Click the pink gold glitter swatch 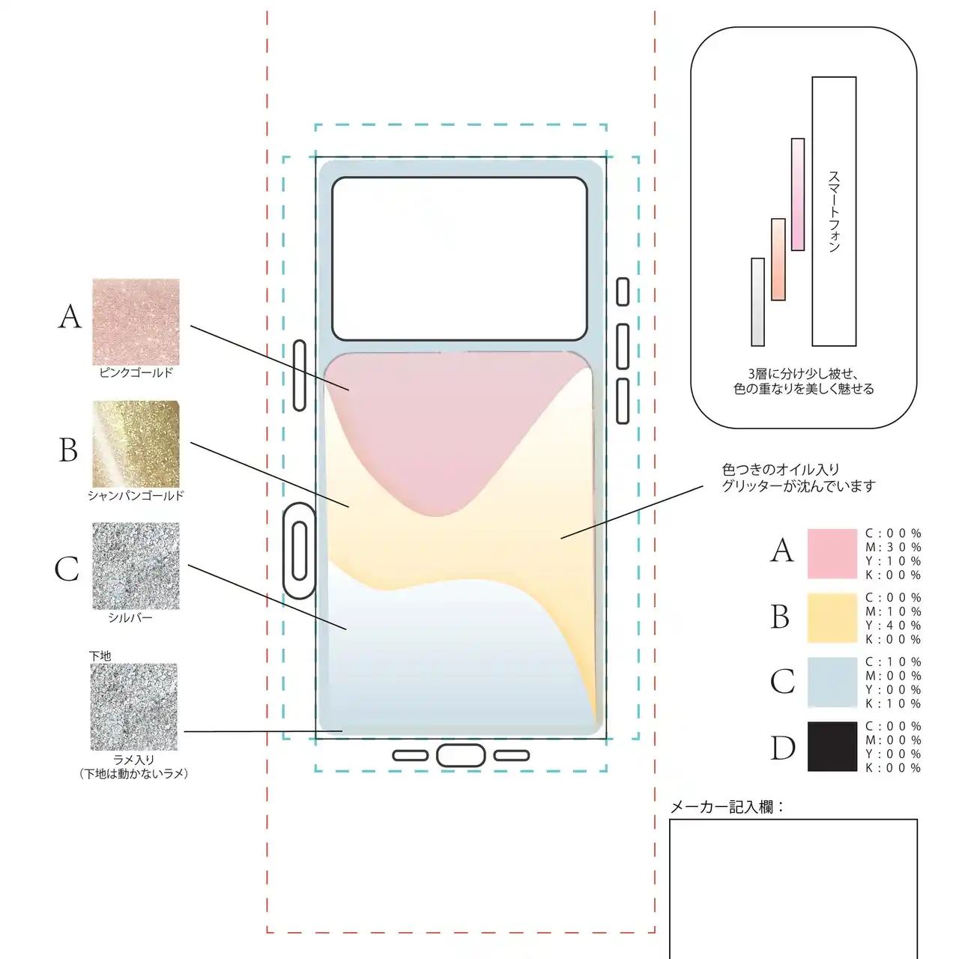pyautogui.click(x=136, y=322)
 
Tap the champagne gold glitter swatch pyautogui.click(x=136, y=444)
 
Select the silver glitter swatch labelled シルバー pyautogui.click(x=136, y=566)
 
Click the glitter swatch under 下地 pyautogui.click(x=134, y=707)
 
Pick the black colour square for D pyautogui.click(x=832, y=746)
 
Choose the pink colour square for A pyautogui.click(x=832, y=554)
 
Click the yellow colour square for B pyautogui.click(x=832, y=618)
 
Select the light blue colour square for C pyautogui.click(x=832, y=683)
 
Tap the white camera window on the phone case pyautogui.click(x=459, y=258)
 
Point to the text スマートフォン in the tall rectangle pyautogui.click(x=834, y=211)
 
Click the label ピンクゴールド pyautogui.click(x=136, y=372)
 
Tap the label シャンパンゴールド pyautogui.click(x=136, y=495)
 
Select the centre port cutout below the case pyautogui.click(x=461, y=755)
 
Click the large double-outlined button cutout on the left pyautogui.click(x=300, y=551)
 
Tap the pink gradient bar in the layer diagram pyautogui.click(x=798, y=194)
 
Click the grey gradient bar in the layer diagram pyautogui.click(x=758, y=302)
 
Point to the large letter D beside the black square pyautogui.click(x=783, y=748)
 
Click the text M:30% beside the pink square pyautogui.click(x=893, y=548)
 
